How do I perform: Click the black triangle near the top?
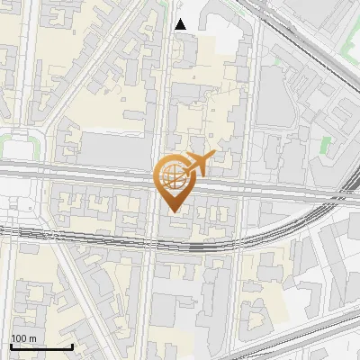click(x=181, y=24)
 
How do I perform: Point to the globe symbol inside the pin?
click(x=173, y=175)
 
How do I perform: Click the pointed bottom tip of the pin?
click(x=175, y=211)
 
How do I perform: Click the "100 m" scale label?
click(x=24, y=338)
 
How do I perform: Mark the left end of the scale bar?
click(x=11, y=346)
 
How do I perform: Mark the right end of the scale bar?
click(x=72, y=346)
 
